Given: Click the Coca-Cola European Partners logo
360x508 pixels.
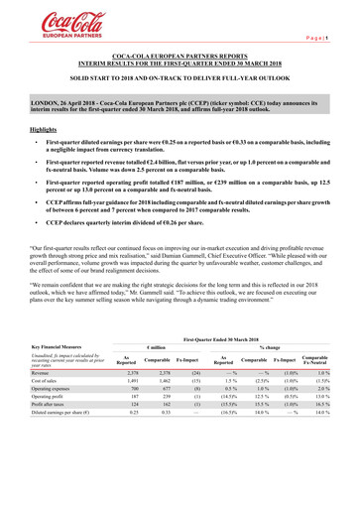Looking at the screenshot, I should tap(46, 19).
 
